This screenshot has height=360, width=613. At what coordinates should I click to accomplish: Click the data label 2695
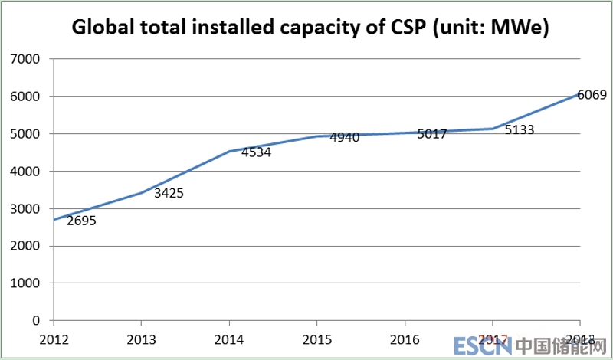pos(81,221)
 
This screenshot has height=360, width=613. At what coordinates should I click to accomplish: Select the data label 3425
pos(169,193)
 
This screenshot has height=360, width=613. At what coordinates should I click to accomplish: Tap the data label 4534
pos(256,152)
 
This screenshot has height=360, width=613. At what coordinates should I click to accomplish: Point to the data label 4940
pos(344,138)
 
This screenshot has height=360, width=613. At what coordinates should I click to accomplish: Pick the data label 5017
pos(432,133)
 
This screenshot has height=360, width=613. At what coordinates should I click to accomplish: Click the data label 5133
pos(520,130)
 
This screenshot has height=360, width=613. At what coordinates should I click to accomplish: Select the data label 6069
pos(592,96)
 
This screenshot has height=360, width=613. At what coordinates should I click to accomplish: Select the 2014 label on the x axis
pos(228,339)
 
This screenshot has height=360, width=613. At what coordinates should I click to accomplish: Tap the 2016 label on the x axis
pos(404,339)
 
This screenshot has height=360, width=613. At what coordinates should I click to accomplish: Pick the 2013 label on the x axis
pos(141,339)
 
